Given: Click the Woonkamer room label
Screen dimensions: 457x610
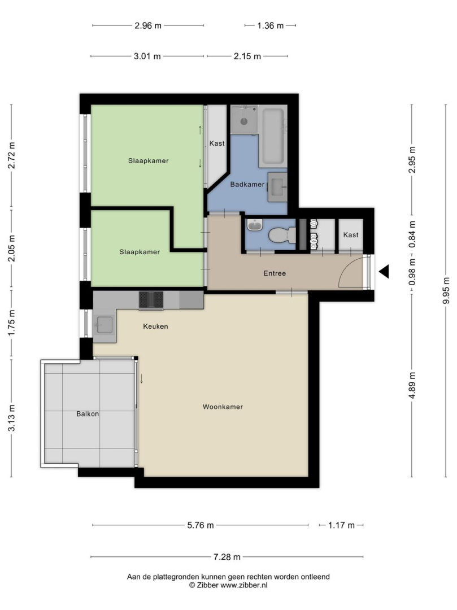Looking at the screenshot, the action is point(223,407).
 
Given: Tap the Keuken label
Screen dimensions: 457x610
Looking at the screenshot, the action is point(155,326).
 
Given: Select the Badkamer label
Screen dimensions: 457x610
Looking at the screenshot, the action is point(247,184).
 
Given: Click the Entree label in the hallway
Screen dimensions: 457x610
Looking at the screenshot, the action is point(275,273).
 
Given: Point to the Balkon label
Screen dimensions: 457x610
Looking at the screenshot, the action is point(88,414).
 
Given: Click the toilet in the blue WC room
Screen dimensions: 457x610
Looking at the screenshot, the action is point(282,235).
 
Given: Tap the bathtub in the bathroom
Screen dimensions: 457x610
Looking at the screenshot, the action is point(273,136).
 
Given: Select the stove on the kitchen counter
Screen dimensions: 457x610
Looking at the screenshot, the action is point(151,300).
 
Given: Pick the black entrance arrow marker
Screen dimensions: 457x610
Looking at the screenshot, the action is point(384,271).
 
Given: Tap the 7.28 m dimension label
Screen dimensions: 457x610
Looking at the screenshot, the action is point(227,557).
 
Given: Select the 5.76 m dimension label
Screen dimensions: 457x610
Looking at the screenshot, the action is point(201,525).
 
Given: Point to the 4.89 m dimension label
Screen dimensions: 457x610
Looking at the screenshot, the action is point(412,385).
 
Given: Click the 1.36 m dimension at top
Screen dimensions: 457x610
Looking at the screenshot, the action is point(271,25).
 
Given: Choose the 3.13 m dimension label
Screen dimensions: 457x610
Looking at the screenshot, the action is point(12,418).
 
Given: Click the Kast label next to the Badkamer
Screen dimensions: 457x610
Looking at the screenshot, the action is point(217,143).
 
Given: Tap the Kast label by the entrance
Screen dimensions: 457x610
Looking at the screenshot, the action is point(351,235).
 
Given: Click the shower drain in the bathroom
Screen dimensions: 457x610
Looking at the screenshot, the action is point(244,121).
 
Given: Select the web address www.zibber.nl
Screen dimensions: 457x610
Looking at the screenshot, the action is point(244,585).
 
